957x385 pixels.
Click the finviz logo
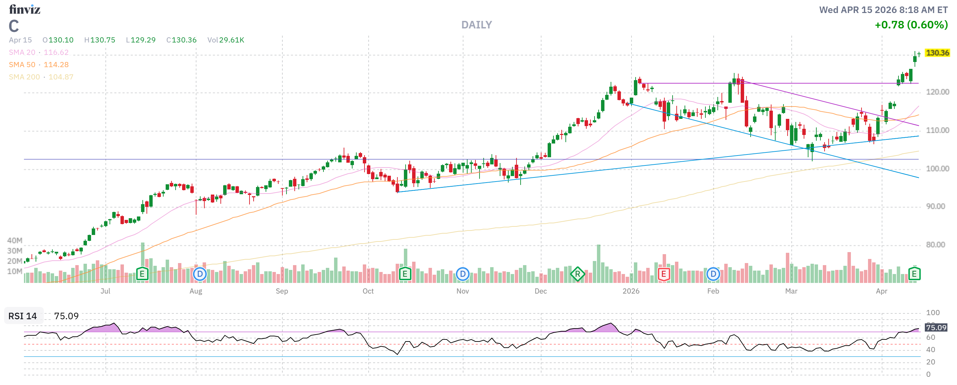point(25,9)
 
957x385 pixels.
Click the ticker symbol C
point(14,26)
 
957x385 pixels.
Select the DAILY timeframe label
point(476,25)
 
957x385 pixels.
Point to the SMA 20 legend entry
point(39,52)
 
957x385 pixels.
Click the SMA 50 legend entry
point(39,65)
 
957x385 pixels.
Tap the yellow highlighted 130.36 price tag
point(937,53)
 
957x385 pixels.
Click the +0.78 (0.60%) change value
point(911,25)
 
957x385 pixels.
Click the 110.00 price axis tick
point(937,131)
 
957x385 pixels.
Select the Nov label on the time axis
point(462,291)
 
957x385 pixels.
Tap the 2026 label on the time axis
point(631,291)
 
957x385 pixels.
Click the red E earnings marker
point(664,275)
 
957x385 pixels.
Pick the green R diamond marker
point(577,275)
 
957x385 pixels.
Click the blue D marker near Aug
point(200,275)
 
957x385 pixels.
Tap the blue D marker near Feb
point(713,275)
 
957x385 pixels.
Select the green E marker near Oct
point(405,275)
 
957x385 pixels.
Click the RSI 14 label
point(23,316)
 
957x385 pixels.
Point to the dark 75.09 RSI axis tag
point(936,328)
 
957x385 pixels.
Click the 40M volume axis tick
point(15,241)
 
